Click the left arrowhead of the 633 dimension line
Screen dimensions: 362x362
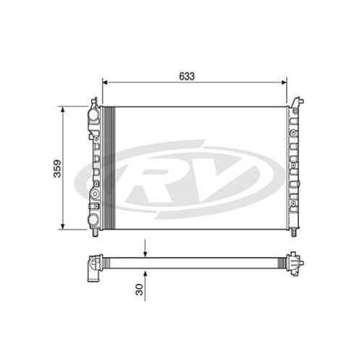click(106, 82)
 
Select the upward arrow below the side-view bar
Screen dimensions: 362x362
click(146, 271)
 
